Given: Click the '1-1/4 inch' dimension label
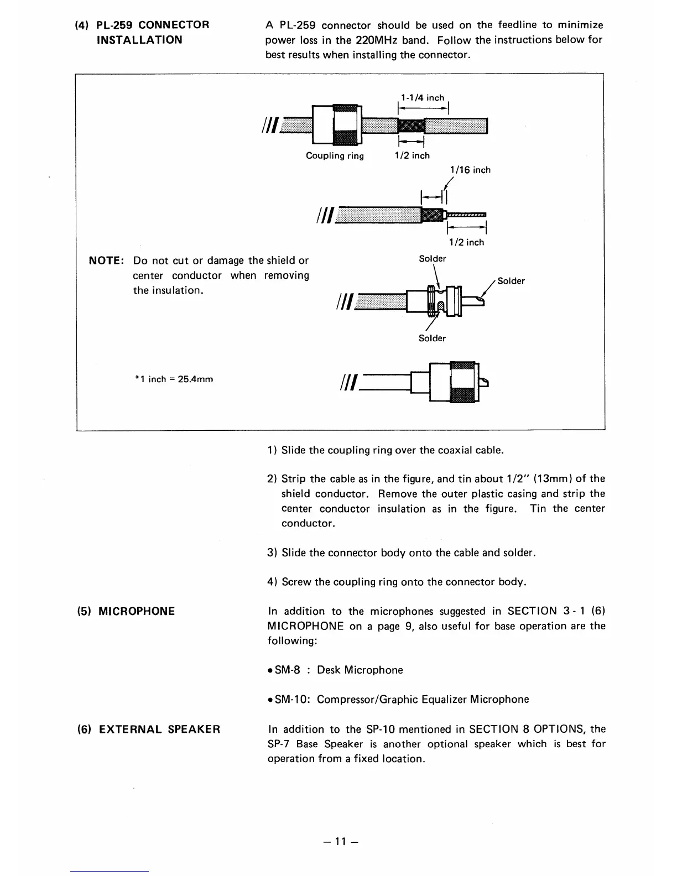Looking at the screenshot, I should [x=423, y=98].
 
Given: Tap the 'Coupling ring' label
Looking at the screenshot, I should [x=335, y=156].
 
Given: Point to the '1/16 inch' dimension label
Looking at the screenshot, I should [x=470, y=170].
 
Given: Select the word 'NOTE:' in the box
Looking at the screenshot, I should [x=107, y=260].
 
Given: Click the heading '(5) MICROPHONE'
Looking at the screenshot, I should [x=126, y=611].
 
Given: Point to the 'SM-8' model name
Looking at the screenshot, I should [x=287, y=670].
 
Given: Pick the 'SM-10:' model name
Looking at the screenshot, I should [x=291, y=700].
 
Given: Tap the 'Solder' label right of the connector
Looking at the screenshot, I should [x=511, y=281].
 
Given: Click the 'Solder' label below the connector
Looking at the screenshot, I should [x=432, y=338].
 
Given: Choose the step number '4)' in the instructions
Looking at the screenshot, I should [x=273, y=582].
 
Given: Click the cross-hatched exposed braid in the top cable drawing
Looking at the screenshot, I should [x=411, y=127].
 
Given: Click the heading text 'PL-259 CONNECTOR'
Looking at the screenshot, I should [x=153, y=25].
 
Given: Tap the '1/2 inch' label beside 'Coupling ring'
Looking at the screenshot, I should [x=412, y=156].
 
